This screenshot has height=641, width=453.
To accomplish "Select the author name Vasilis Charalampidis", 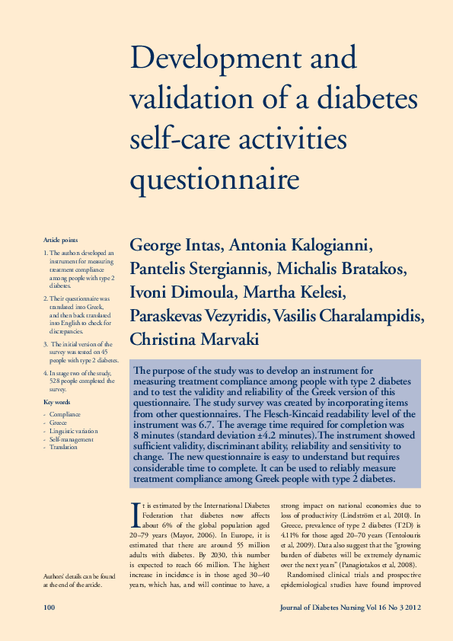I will pos(358,314).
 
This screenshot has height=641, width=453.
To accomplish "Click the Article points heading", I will pos(60,240).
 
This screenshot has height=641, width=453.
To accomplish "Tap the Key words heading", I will pos(57,401).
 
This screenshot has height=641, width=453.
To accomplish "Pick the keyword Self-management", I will pos(72,439).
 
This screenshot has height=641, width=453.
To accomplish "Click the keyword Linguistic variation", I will pos(74,431).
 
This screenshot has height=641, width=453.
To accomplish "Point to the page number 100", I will pos(50,607).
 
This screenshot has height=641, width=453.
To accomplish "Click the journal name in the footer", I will pos(350,607).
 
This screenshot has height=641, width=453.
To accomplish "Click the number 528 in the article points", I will pos(57,381).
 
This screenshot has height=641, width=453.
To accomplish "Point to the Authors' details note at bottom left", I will pos(75,581).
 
